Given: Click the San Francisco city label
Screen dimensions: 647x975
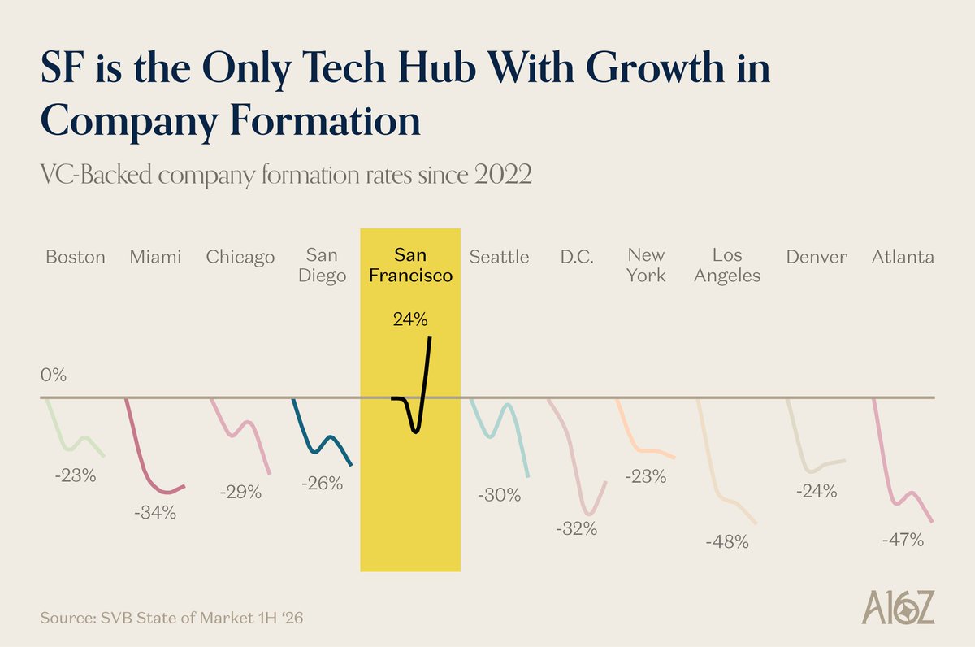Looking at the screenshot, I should [410, 266].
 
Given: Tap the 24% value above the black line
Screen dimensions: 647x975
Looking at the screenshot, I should [409, 319].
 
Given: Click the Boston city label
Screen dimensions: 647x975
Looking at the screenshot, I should [76, 258].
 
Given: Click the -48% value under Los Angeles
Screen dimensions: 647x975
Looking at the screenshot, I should [727, 541].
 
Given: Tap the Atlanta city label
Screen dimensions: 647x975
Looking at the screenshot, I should [903, 258].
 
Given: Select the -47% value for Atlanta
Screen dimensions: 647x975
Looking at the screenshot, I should [903, 539].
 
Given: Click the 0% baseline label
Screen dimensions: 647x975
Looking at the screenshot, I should [54, 376].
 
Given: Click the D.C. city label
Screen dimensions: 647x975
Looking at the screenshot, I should [576, 258].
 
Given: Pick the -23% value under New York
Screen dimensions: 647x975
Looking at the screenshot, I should [646, 477].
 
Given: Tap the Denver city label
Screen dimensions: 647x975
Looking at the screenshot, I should [817, 258].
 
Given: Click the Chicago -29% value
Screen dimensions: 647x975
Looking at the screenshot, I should [240, 492].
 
